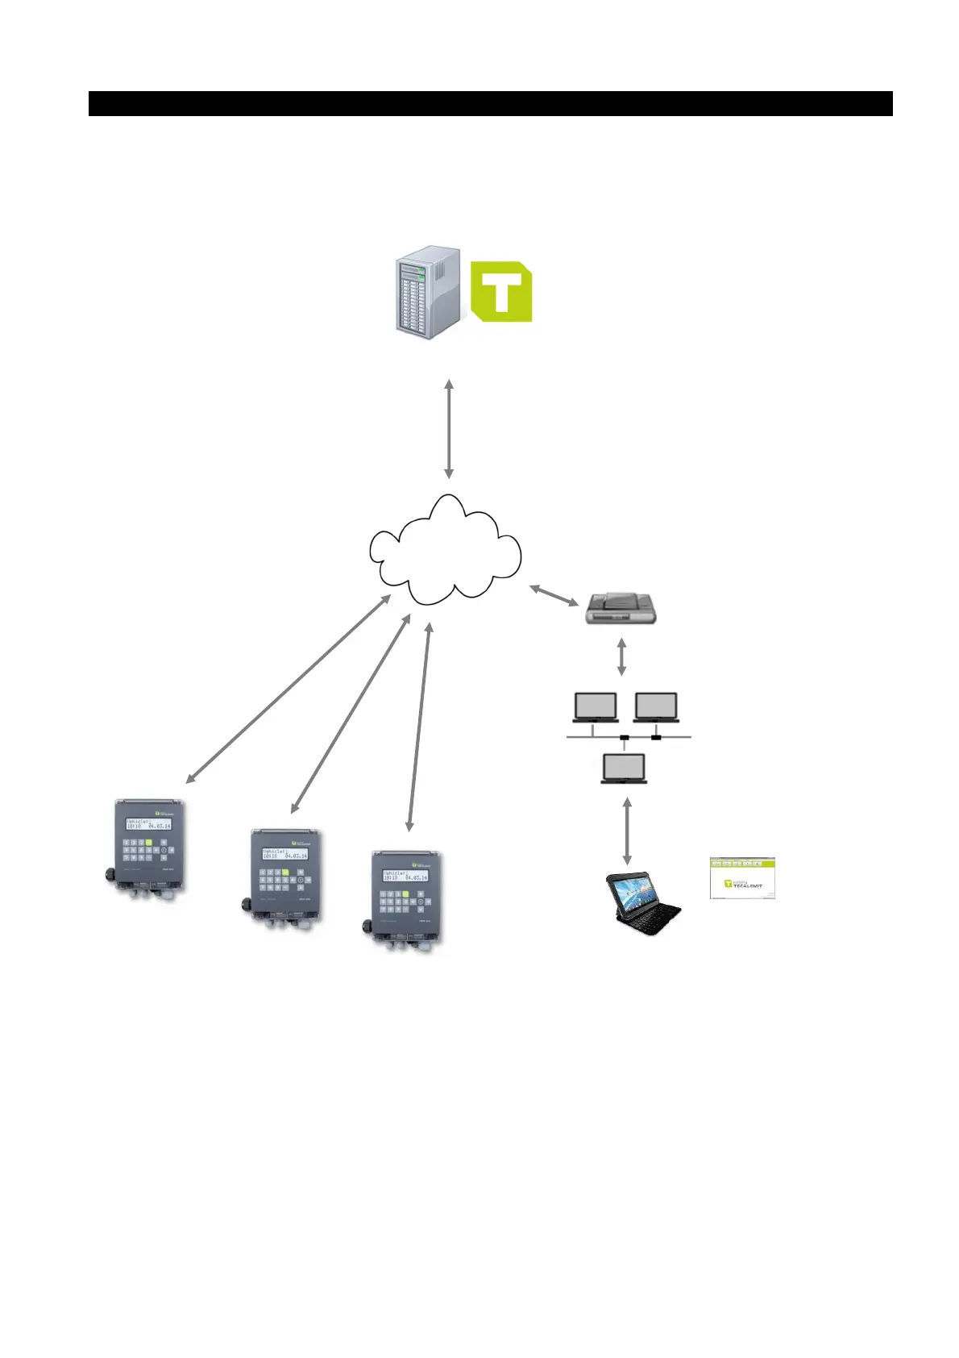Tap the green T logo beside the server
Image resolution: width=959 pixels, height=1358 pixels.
pyautogui.click(x=500, y=291)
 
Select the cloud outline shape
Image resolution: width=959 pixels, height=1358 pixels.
pyautogui.click(x=446, y=552)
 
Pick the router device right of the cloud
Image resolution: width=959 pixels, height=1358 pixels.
pyautogui.click(x=620, y=610)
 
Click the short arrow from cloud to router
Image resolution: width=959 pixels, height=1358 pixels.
pyautogui.click(x=554, y=596)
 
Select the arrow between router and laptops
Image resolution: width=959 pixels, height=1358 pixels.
pyautogui.click(x=621, y=657)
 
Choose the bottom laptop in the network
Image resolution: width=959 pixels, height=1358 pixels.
pyautogui.click(x=625, y=768)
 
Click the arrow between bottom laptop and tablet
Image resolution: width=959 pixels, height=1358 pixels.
pyautogui.click(x=627, y=831)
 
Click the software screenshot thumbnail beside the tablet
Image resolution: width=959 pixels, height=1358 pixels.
pyautogui.click(x=742, y=878)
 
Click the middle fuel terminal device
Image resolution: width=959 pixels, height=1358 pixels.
pyautogui.click(x=284, y=877)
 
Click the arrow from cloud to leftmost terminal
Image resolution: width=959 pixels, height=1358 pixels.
pyautogui.click(x=289, y=689)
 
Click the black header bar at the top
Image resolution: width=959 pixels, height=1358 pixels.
pyautogui.click(x=490, y=103)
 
